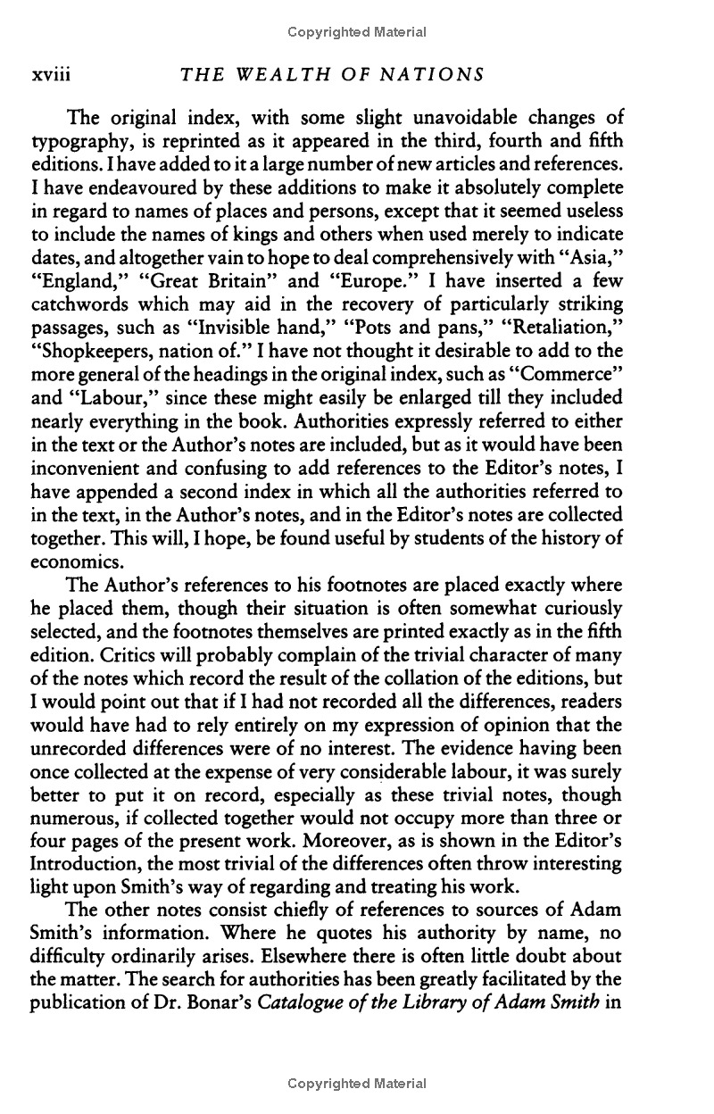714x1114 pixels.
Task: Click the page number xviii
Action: [x=51, y=76]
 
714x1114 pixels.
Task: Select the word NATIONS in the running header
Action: [x=434, y=76]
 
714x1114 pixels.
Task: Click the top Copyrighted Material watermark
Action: [x=357, y=32]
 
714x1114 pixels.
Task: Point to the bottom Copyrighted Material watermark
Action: [x=357, y=1084]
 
